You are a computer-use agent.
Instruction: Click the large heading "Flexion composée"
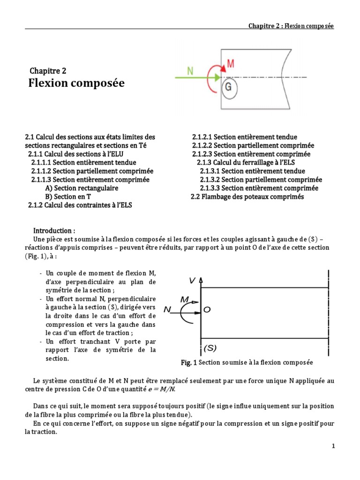click(76, 83)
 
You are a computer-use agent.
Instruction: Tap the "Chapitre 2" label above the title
click(48, 71)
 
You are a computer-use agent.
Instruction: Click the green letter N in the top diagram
click(190, 71)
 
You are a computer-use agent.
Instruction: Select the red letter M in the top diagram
click(231, 63)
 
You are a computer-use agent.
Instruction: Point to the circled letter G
click(228, 88)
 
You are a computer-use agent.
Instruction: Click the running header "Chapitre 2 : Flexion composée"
click(291, 26)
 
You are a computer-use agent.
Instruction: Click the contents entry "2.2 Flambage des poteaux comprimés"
click(247, 197)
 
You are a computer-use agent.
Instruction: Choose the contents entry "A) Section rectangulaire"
click(82, 188)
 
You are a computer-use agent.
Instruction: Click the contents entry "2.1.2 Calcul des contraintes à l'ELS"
click(80, 205)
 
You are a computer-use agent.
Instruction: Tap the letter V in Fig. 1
click(192, 280)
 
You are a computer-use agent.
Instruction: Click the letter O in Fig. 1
click(207, 310)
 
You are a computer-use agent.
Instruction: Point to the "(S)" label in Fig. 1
click(210, 348)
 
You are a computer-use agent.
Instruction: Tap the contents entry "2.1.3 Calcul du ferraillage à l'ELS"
click(246, 163)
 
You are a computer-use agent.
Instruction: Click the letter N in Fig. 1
click(167, 310)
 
